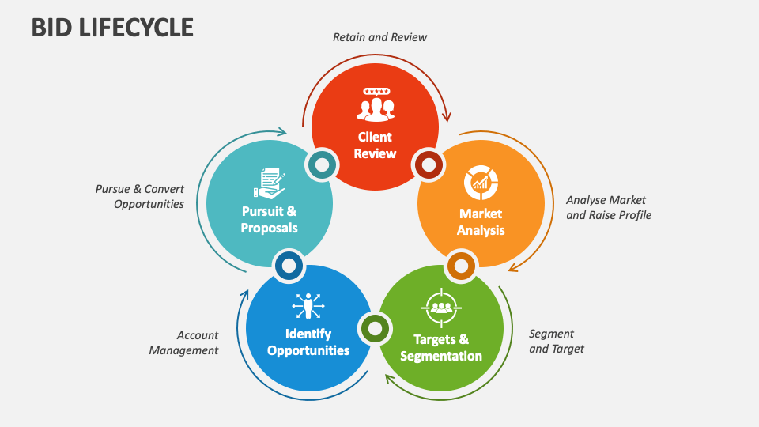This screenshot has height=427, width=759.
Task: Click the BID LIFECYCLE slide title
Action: (x=112, y=27)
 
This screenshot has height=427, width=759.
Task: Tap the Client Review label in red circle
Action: (x=375, y=145)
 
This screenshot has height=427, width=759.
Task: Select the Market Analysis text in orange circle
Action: (x=481, y=222)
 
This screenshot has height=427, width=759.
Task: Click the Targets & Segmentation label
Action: (x=441, y=348)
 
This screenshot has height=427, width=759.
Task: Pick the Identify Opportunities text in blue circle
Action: (x=308, y=342)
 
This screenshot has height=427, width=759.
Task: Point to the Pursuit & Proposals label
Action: (x=270, y=219)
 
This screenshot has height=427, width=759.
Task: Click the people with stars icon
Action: (x=375, y=103)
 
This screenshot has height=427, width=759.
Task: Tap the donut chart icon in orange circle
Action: (x=481, y=183)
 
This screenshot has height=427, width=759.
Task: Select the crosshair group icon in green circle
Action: (x=441, y=308)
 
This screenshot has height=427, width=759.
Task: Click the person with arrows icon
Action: (x=308, y=305)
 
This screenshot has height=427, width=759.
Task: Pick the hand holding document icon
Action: (x=270, y=183)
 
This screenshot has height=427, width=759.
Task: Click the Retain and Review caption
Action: (x=379, y=37)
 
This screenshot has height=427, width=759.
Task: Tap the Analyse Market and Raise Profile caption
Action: (x=609, y=207)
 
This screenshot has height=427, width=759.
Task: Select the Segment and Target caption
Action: (x=557, y=341)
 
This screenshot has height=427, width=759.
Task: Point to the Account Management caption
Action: (x=184, y=342)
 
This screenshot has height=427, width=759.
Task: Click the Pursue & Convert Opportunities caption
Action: (x=140, y=196)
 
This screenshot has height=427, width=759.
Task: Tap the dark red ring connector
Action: (x=429, y=165)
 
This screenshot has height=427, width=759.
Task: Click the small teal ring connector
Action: (x=322, y=165)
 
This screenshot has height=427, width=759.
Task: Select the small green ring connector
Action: (x=375, y=327)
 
